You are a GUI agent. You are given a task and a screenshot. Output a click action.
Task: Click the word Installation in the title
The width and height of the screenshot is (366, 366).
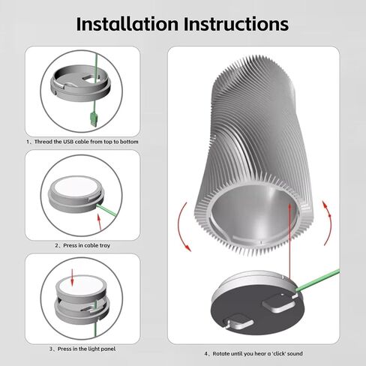tap(127, 24)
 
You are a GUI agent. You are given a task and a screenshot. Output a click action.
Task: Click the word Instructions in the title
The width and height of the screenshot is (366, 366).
tap(236, 24)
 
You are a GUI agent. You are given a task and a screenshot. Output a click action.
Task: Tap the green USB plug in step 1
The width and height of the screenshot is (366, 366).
tap(94, 119)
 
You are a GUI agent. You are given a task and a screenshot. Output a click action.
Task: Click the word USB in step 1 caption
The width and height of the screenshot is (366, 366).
tap(68, 142)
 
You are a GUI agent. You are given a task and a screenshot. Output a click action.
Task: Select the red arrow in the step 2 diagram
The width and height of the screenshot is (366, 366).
tap(99, 222)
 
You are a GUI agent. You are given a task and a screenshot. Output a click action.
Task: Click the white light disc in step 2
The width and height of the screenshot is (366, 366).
tap(76, 187)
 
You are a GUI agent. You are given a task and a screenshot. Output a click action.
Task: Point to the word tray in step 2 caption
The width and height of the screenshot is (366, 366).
tap(105, 246)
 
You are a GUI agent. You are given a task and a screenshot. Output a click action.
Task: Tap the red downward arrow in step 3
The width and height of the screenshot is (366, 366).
tap(72, 277)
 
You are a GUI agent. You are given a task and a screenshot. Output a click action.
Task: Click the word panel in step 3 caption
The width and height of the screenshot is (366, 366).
tap(108, 349)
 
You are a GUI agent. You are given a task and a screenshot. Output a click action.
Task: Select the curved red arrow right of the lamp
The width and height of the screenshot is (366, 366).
tap(328, 223)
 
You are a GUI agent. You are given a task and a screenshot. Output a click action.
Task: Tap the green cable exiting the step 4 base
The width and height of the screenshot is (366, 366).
tap(318, 280)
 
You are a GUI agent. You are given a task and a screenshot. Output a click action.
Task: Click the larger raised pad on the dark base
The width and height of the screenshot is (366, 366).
tap(279, 303)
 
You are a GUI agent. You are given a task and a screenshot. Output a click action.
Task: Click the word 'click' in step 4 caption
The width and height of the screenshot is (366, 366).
tap(277, 354)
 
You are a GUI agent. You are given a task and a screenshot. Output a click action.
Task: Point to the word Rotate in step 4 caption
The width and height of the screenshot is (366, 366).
tap(221, 354)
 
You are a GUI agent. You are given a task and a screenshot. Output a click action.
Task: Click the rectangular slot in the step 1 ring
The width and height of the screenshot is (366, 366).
tap(89, 78)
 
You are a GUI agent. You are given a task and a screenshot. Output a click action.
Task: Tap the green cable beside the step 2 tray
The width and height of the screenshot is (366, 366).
tap(106, 211)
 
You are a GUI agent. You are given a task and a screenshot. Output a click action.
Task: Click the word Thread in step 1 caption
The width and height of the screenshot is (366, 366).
tap(43, 142)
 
